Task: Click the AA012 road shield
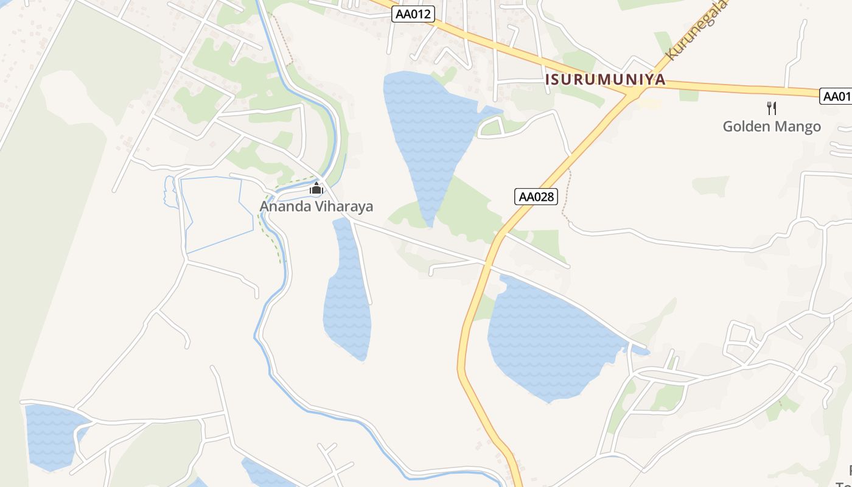413,14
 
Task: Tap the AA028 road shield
536,197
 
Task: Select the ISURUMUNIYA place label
605,80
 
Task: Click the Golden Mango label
772,127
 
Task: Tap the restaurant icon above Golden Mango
772,108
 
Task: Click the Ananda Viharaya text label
316,206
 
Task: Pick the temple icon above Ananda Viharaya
316,188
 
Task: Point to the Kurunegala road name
696,30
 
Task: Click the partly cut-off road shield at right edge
837,96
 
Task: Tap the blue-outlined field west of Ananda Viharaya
216,213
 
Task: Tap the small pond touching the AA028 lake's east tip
640,351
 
